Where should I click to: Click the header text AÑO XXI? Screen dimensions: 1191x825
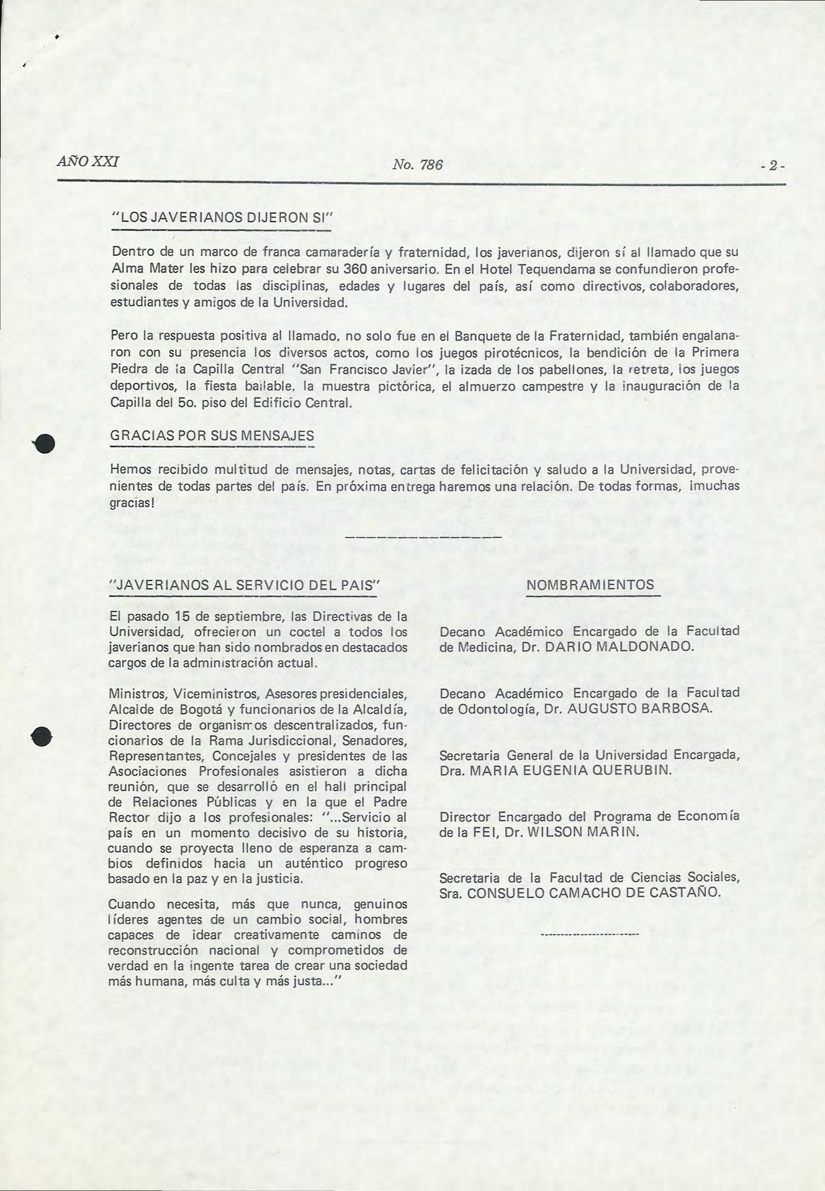pos(88,163)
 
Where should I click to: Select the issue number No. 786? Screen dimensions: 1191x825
pos(418,165)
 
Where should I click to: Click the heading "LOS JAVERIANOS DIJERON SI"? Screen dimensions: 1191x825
pos(222,218)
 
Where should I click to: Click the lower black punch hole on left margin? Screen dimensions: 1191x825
pos(42,735)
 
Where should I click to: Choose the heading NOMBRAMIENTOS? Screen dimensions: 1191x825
pos(590,585)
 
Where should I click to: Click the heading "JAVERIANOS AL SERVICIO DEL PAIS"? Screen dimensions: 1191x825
pos(243,585)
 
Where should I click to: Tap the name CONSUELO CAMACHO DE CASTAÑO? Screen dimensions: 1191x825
pos(593,893)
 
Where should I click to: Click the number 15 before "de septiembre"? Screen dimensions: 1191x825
pos(181,617)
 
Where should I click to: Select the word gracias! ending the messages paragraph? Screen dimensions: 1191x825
pos(132,502)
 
